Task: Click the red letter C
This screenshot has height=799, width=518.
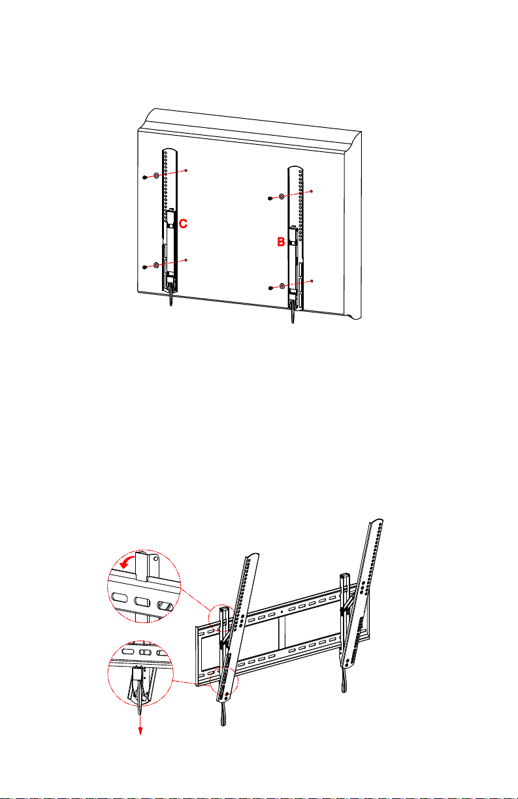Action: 183,224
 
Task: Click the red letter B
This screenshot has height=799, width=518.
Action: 281,242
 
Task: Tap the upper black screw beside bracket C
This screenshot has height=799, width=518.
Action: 144,177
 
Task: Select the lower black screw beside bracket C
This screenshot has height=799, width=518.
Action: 144,267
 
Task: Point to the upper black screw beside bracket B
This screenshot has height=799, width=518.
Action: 270,198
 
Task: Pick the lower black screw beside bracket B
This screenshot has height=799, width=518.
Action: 270,288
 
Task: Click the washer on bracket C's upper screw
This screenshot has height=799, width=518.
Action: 156,175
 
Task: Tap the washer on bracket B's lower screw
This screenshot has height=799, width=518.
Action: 282,286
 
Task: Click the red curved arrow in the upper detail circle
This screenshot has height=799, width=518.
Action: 126,562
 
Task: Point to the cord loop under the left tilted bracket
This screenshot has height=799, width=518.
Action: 223,714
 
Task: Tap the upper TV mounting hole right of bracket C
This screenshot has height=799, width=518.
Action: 186,170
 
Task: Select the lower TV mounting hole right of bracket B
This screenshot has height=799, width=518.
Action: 312,281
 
